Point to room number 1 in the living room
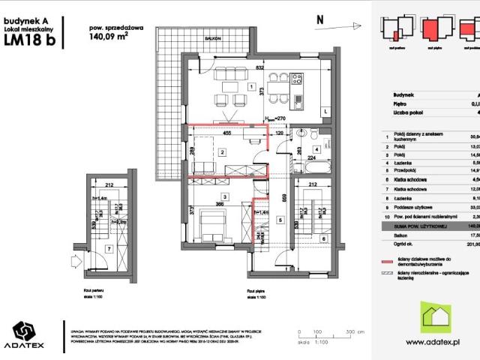tap(249, 85)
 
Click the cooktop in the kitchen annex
tap(296, 77)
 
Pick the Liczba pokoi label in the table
tap(405, 112)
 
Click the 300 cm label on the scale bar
tap(349, 330)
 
